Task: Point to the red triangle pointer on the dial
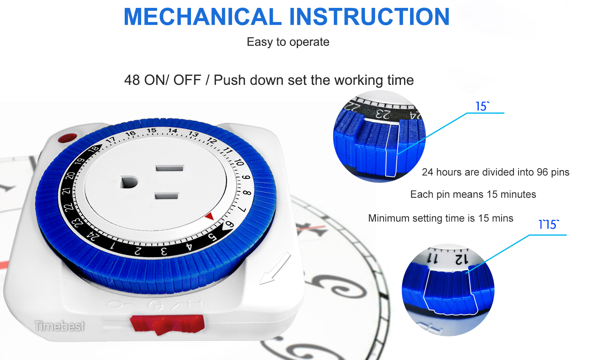coord(210,216)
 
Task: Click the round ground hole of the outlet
coord(129,182)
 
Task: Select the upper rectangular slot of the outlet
coord(169,168)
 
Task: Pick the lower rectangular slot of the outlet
coord(167,196)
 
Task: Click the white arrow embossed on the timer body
coord(275,268)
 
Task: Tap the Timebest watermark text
coord(59,326)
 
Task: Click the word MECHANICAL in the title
coord(202,17)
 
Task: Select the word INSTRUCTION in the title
coord(369,17)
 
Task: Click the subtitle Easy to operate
coord(288,42)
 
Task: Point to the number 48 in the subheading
coord(132,80)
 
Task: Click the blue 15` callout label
coord(482,107)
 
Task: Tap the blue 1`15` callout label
coord(549,224)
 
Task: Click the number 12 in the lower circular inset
coord(461,259)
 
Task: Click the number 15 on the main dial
coord(152,131)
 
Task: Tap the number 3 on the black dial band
coord(164,251)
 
